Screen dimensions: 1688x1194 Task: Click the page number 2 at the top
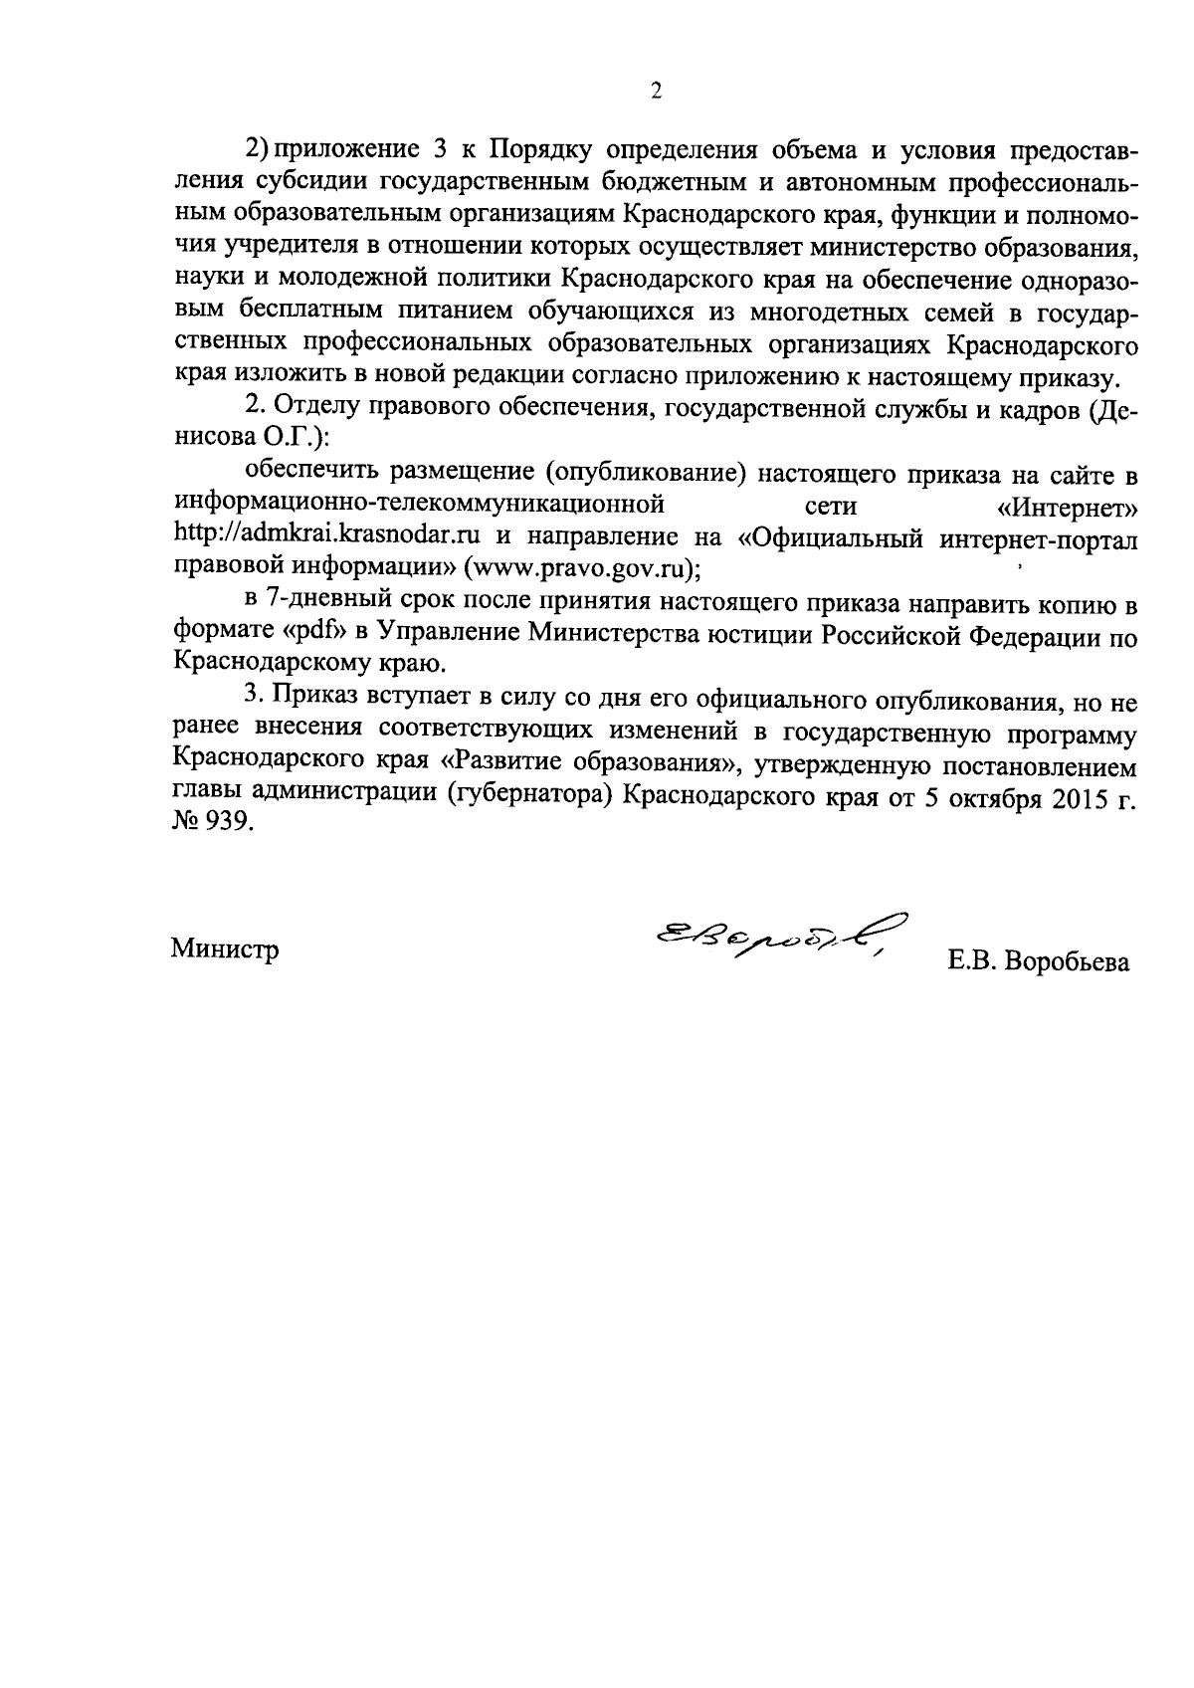(656, 92)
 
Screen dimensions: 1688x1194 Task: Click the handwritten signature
(777, 939)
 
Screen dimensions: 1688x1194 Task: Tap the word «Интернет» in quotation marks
(1068, 508)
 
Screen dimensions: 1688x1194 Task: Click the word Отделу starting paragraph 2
(317, 408)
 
